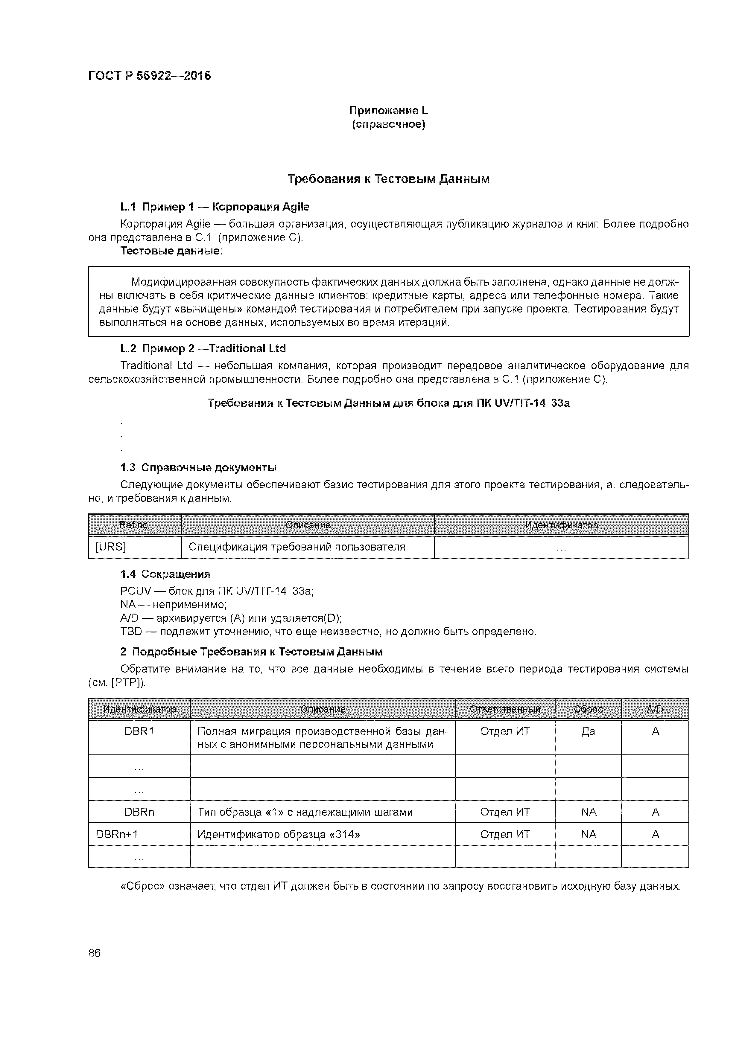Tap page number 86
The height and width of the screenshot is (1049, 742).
click(x=94, y=953)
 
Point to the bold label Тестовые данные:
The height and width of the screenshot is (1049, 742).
click(x=171, y=251)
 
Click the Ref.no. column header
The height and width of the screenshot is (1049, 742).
click(x=135, y=525)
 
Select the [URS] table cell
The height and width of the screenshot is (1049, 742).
click(x=111, y=547)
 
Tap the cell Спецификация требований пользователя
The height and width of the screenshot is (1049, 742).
click(x=297, y=547)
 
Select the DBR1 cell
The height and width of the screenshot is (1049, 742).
click(x=139, y=731)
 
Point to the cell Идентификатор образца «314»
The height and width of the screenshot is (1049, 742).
click(x=279, y=835)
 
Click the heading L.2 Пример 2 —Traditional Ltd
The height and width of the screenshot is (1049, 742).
click(x=203, y=349)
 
